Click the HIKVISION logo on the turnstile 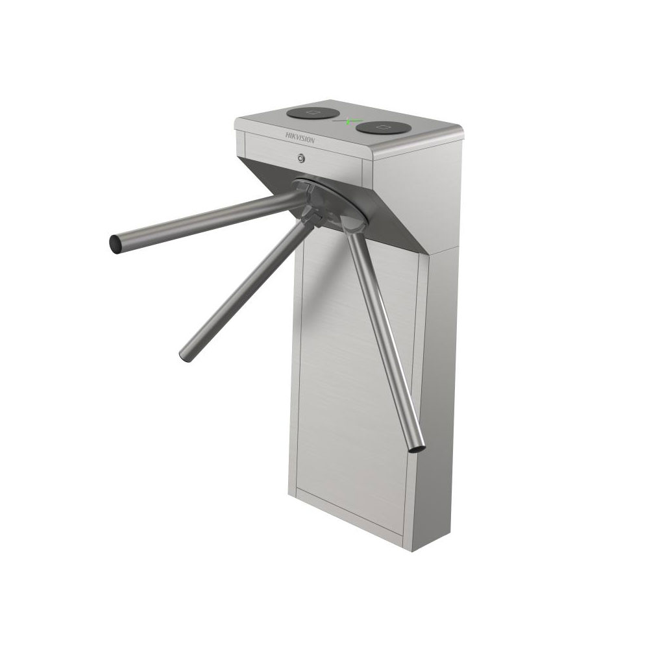pos(300,138)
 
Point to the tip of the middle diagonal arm pos(184,356)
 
